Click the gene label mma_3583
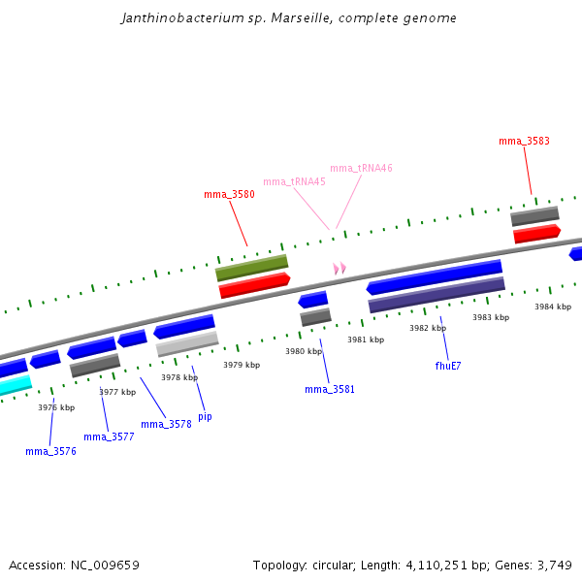click(524, 141)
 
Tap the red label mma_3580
click(229, 194)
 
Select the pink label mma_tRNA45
click(294, 181)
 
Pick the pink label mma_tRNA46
click(361, 168)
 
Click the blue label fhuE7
click(448, 366)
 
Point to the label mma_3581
click(330, 389)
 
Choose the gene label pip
click(205, 416)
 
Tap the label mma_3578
click(166, 424)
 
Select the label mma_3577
click(109, 436)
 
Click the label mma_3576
click(50, 451)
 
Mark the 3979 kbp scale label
click(242, 365)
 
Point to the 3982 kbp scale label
click(428, 328)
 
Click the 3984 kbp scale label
click(553, 307)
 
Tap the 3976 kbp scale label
click(56, 407)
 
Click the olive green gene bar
click(252, 268)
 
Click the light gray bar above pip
click(187, 343)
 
